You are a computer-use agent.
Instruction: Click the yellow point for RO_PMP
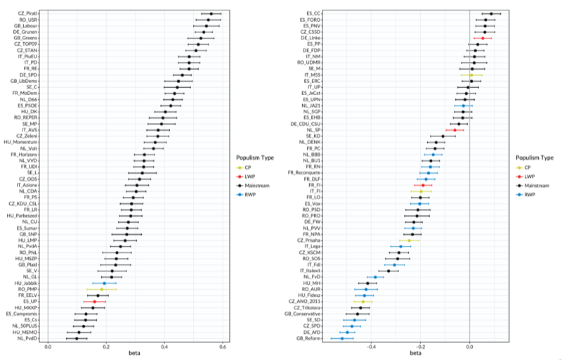(x=101, y=289)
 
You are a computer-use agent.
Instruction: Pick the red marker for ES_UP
(x=95, y=302)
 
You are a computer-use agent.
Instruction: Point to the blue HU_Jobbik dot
(x=105, y=283)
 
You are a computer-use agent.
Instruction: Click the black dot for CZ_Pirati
(x=211, y=13)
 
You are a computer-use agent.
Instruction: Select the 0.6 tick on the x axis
(x=222, y=347)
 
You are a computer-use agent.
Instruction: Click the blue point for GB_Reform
(x=343, y=338)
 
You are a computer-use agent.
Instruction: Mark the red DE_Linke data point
(x=483, y=38)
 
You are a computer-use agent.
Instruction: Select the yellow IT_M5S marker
(x=471, y=75)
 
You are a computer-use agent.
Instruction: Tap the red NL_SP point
(x=455, y=130)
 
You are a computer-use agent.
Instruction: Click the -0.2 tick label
(x=420, y=347)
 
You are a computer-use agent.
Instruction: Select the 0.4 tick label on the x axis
(x=164, y=347)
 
